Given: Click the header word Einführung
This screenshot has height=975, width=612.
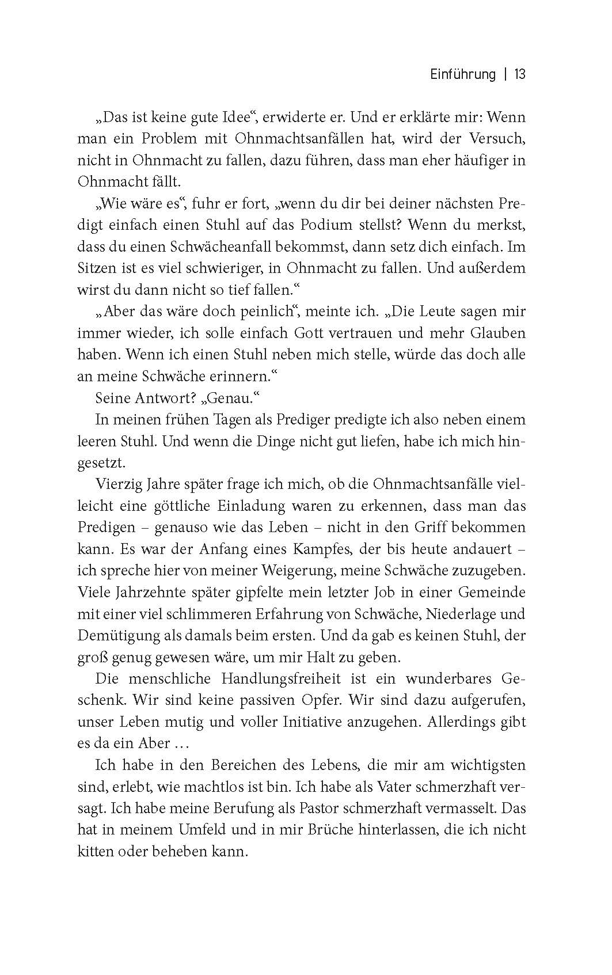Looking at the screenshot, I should (x=462, y=74).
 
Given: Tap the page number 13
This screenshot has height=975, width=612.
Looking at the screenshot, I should (x=520, y=74).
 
